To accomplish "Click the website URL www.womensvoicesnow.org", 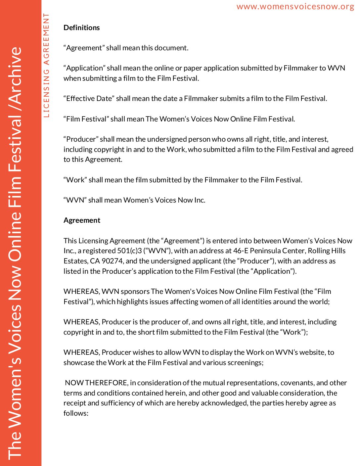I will point(295,7).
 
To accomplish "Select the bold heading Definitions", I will point(81,28).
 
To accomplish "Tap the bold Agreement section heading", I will point(82,220).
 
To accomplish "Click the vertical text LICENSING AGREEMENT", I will point(46,65).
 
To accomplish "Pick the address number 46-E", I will point(241,251).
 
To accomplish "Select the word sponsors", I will point(135,292).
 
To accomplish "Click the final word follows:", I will point(76,413).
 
